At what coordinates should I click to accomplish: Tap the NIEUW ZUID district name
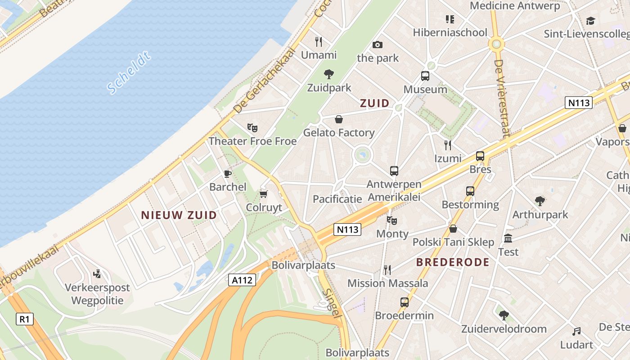pyautogui.click(x=179, y=215)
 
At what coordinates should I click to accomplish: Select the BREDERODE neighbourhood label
pyautogui.click(x=452, y=262)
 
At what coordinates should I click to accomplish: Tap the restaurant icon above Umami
pyautogui.click(x=319, y=42)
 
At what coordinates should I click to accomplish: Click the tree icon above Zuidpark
pyautogui.click(x=329, y=74)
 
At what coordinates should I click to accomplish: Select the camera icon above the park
pyautogui.click(x=378, y=45)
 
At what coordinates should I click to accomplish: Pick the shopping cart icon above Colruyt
pyautogui.click(x=264, y=194)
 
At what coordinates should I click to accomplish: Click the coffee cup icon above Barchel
pyautogui.click(x=228, y=174)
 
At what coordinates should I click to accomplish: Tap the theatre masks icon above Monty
pyautogui.click(x=392, y=220)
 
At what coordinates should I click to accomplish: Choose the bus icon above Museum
pyautogui.click(x=425, y=76)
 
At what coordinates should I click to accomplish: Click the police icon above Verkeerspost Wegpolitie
pyautogui.click(x=97, y=274)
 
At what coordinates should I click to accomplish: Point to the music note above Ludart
pyautogui.click(x=576, y=332)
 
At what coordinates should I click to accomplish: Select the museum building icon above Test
pyautogui.click(x=508, y=238)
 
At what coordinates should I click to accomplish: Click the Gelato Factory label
pyautogui.click(x=339, y=133)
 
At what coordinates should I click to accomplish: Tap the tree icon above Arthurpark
pyautogui.click(x=540, y=201)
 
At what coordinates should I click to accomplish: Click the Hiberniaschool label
pyautogui.click(x=450, y=32)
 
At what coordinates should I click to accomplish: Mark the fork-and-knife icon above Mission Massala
pyautogui.click(x=387, y=270)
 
